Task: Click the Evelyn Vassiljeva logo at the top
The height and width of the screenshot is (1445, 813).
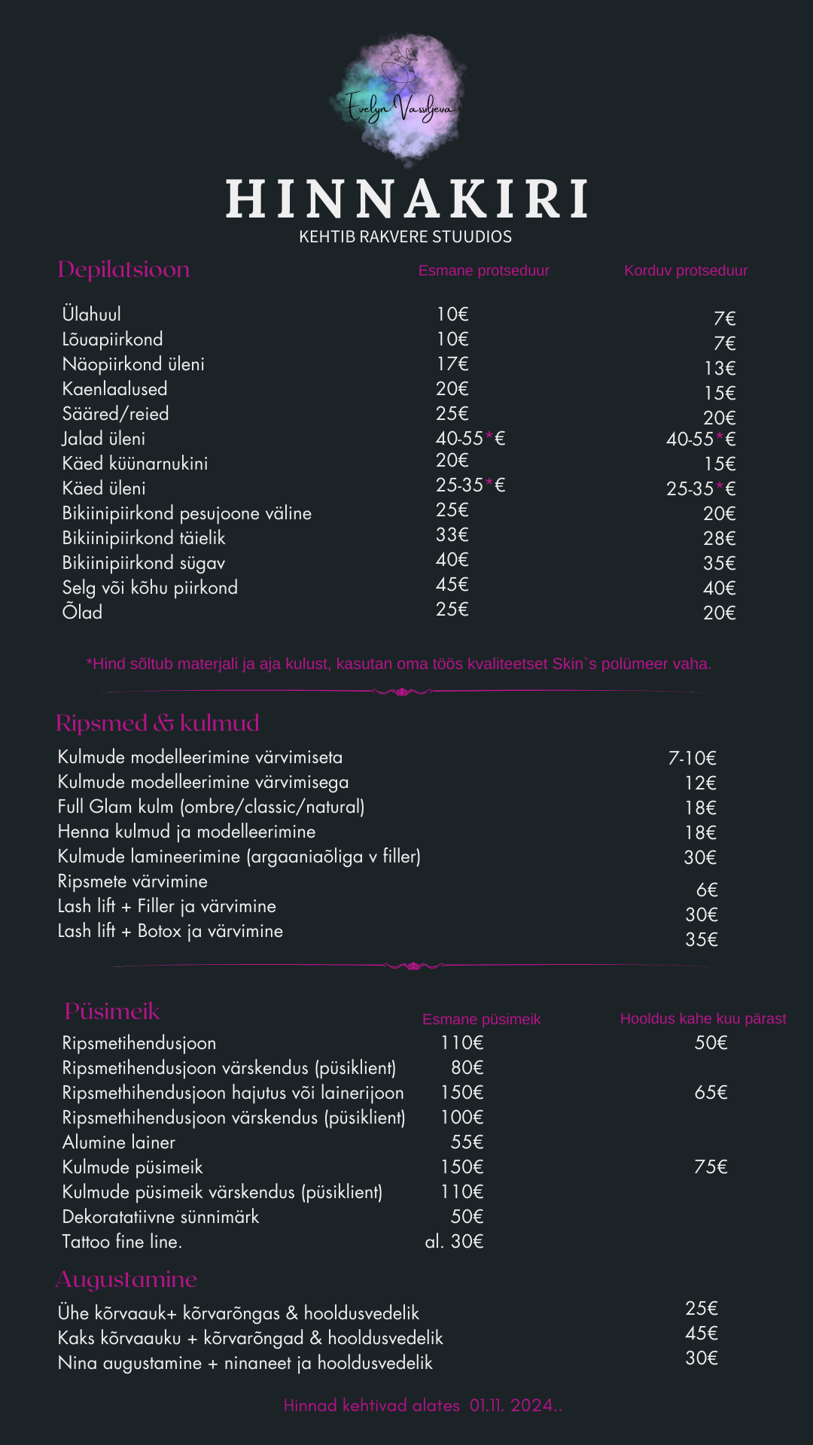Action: (400, 99)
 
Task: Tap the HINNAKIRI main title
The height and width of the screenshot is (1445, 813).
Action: (406, 199)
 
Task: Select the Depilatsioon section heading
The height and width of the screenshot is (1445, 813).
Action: (123, 269)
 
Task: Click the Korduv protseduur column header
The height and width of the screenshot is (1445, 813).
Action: (686, 271)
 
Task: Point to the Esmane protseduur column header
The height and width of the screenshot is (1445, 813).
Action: (483, 271)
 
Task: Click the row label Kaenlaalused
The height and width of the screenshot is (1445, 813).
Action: (114, 389)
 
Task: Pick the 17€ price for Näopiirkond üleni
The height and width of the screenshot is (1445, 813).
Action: (452, 364)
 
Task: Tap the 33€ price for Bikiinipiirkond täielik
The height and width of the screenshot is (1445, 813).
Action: (452, 535)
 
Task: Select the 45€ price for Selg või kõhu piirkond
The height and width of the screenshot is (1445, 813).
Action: (452, 585)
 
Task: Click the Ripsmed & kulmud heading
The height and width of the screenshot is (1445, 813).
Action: (157, 723)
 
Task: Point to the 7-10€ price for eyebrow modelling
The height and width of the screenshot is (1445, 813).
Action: (692, 758)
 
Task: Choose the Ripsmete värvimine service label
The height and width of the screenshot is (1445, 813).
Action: (132, 881)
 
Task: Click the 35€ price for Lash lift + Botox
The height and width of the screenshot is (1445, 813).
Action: (701, 939)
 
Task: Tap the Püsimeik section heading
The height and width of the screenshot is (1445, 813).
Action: (112, 1011)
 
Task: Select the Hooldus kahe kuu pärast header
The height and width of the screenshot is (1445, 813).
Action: (702, 1019)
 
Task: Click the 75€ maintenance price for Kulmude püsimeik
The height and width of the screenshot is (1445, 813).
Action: (711, 1167)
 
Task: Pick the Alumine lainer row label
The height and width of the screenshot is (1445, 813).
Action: (118, 1142)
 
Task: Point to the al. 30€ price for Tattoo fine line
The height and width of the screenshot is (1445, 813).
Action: (454, 1242)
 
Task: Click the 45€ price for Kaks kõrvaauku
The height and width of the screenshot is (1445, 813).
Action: (701, 1333)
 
